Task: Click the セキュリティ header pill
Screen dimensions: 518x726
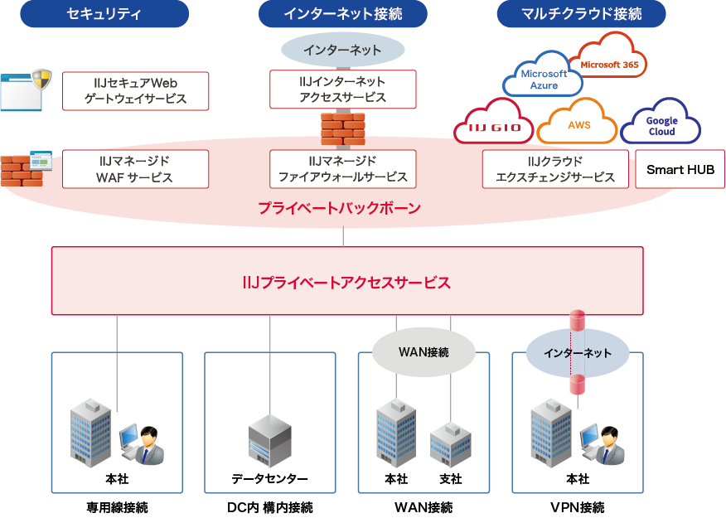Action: click(104, 14)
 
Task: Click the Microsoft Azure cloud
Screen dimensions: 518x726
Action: click(544, 79)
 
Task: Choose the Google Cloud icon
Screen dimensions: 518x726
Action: click(661, 125)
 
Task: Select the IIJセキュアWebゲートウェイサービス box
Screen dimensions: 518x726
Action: click(136, 91)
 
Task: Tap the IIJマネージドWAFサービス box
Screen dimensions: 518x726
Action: click(136, 169)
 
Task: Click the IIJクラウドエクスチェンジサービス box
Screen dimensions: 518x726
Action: click(555, 169)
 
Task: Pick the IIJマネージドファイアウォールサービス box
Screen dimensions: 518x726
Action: click(342, 169)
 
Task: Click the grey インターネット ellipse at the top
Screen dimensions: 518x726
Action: click(342, 50)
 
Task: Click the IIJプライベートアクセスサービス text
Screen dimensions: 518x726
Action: click(346, 283)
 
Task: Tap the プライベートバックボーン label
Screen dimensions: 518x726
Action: click(339, 208)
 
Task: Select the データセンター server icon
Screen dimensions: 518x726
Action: click(270, 440)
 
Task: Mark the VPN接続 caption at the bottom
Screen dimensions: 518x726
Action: click(577, 507)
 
